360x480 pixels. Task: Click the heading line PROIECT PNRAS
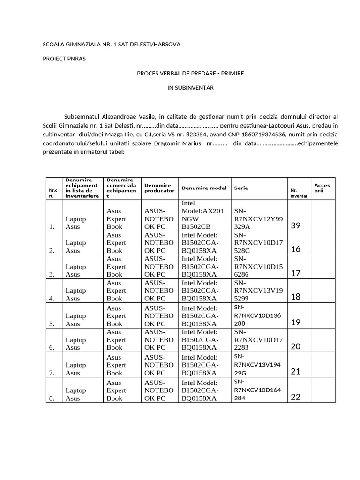click(64, 59)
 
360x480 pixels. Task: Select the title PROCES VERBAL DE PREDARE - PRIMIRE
click(190, 74)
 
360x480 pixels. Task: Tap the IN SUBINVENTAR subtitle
click(190, 88)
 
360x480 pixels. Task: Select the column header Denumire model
click(204, 188)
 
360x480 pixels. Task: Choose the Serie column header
click(241, 188)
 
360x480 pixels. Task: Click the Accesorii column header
click(322, 188)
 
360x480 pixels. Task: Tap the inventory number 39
click(296, 225)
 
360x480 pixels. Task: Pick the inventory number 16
click(296, 249)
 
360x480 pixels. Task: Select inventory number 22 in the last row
click(295, 397)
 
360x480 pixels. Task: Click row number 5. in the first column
click(52, 323)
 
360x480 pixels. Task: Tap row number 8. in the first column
click(52, 398)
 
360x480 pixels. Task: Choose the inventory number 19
click(295, 322)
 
